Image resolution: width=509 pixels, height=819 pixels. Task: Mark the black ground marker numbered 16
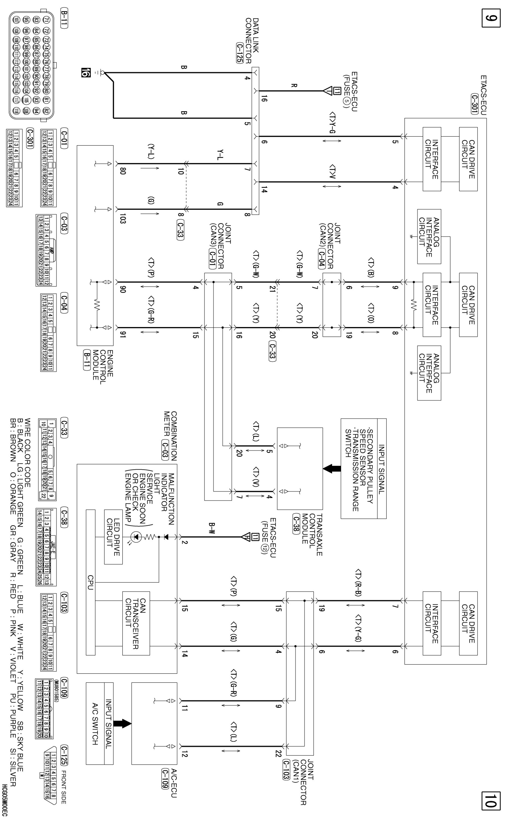click(x=85, y=73)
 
